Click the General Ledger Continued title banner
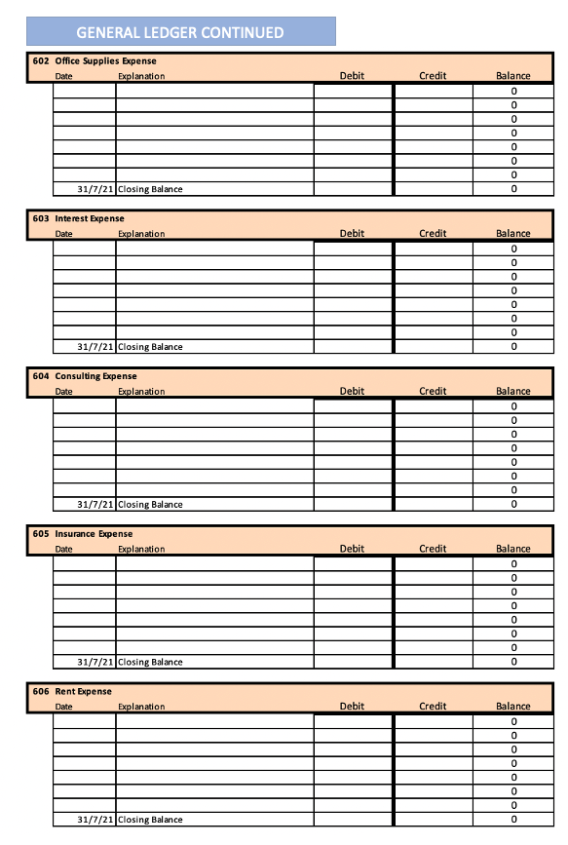click(x=180, y=32)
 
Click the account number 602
click(x=40, y=61)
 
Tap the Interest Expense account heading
click(x=90, y=219)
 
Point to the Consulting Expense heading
click(x=95, y=376)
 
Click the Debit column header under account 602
click(x=352, y=76)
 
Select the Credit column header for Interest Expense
click(x=433, y=234)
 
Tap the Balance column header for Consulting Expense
click(x=513, y=392)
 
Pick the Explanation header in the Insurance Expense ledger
click(x=141, y=550)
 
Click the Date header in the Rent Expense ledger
click(x=63, y=707)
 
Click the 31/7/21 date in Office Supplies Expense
click(x=95, y=189)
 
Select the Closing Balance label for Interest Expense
click(x=150, y=347)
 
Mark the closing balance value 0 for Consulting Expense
click(x=513, y=505)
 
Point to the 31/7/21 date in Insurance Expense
click(x=95, y=663)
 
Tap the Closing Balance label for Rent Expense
click(x=150, y=820)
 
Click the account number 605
click(x=40, y=534)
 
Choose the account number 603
click(x=40, y=219)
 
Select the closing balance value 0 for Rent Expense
click(x=513, y=820)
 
